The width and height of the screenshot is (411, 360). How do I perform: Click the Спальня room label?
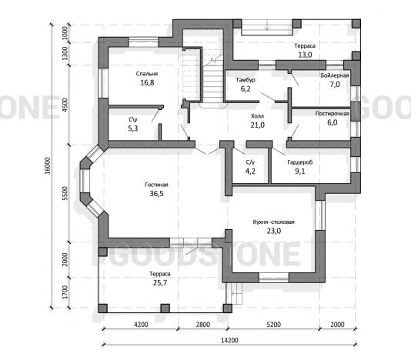pos(147,74)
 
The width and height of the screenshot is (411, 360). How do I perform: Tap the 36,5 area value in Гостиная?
pos(156,194)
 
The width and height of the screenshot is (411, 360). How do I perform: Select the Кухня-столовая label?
pos(274,222)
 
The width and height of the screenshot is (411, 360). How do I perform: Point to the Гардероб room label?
pos(300,162)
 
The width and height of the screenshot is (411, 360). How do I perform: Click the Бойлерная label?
pos(335,75)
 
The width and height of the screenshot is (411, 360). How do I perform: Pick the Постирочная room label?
pos(332,113)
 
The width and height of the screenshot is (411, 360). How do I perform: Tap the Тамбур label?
pos(246,80)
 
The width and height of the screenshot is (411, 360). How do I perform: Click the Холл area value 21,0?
pos(257,125)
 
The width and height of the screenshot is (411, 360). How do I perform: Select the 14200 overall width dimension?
pos(229,340)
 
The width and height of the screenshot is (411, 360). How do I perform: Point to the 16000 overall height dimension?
pos(47,166)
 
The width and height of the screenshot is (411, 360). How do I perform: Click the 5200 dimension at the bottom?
pos(274,325)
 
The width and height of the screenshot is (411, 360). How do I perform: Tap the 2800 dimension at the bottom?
pos(203,325)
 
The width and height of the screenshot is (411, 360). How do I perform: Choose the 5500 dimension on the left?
pos(65,193)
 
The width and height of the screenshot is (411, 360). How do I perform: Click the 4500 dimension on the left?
pos(65,105)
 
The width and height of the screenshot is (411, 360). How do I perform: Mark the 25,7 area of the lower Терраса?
pos(160,283)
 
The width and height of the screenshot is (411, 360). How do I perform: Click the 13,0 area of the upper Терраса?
pos(305,55)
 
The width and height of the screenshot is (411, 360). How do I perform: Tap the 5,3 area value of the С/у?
pos(133,128)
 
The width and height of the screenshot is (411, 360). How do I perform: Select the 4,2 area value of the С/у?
pos(250,171)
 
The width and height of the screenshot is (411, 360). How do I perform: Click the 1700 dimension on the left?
pos(65,292)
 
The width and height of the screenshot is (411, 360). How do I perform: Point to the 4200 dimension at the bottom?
pos(141,325)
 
